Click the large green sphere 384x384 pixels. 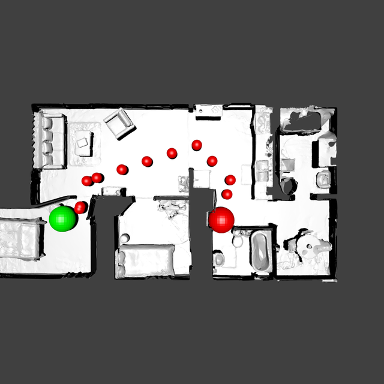(62, 218)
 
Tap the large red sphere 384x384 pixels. (222, 220)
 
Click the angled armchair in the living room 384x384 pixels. (119, 123)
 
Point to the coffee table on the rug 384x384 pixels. (83, 142)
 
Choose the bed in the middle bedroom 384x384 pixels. (146, 260)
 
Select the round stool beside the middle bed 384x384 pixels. (125, 239)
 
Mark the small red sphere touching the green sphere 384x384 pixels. (80, 208)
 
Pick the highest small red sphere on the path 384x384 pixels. (197, 145)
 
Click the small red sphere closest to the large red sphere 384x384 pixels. (227, 194)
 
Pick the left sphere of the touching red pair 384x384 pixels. (88, 181)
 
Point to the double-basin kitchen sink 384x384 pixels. (262, 170)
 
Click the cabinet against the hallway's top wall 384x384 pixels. (209, 112)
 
